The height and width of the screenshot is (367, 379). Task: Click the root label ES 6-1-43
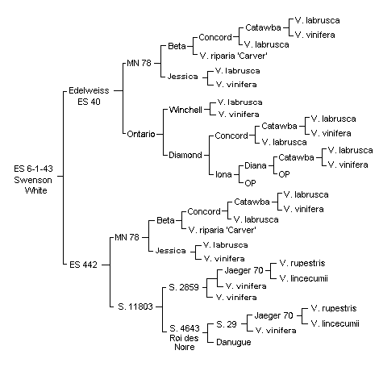pyautogui.click(x=33, y=169)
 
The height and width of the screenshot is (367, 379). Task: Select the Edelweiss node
pyautogui.click(x=89, y=90)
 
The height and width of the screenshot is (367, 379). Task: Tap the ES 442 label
pyautogui.click(x=83, y=265)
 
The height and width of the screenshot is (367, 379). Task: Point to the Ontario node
pyautogui.click(x=141, y=134)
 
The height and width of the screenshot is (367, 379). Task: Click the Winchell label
pyautogui.click(x=185, y=110)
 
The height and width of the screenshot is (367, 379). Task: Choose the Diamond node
pyautogui.click(x=185, y=155)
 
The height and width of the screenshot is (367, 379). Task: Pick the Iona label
pyautogui.click(x=223, y=174)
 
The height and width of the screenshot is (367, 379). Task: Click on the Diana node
pyautogui.click(x=256, y=165)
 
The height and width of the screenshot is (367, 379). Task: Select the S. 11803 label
pyautogui.click(x=135, y=307)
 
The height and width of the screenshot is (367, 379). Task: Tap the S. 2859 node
pyautogui.click(x=184, y=287)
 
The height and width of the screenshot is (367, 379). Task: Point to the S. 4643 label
pyautogui.click(x=185, y=328)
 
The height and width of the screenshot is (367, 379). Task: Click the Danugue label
pyautogui.click(x=234, y=342)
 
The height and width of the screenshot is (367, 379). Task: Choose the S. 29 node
pyautogui.click(x=227, y=324)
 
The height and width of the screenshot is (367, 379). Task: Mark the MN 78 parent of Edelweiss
pyautogui.click(x=139, y=63)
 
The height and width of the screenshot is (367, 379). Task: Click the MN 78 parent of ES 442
pyautogui.click(x=127, y=237)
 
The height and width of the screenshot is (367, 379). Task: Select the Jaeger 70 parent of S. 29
pyautogui.click(x=273, y=315)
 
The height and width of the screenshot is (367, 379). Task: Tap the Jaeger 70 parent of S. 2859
pyautogui.click(x=244, y=270)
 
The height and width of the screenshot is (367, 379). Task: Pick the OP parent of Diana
pyautogui.click(x=284, y=174)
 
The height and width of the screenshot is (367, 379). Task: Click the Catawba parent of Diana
pyautogui.click(x=296, y=157)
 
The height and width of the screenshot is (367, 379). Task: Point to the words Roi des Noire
pyautogui.click(x=184, y=342)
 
